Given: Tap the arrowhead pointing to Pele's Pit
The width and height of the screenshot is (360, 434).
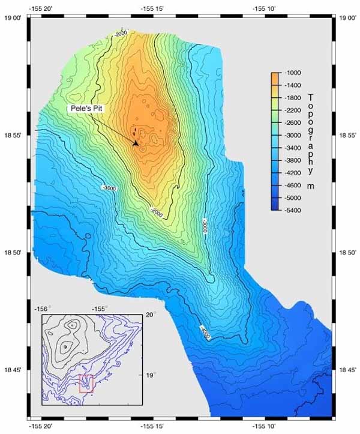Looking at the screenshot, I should pyautogui.click(x=136, y=143).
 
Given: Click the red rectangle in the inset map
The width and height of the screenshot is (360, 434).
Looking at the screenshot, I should pyautogui.click(x=86, y=382).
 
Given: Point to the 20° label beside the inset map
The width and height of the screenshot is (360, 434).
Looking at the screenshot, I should pyautogui.click(x=150, y=315).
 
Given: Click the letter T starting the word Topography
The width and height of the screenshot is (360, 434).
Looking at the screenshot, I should pyautogui.click(x=310, y=97).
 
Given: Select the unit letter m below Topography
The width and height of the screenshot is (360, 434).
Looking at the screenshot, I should pyautogui.click(x=310, y=186).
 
